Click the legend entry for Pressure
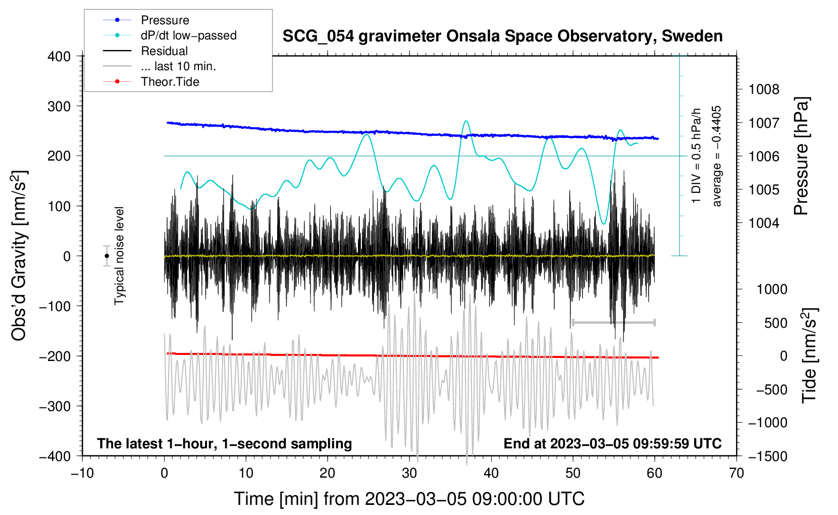pos(146,20)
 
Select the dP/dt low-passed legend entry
pos(170,35)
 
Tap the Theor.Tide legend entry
pos(151,82)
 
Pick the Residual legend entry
pos(145,51)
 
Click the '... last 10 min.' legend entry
pos(160,66)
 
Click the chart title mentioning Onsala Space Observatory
pos(502,36)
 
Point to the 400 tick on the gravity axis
pos(59,57)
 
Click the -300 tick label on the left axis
pos(55,406)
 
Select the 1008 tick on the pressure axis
pos(764,89)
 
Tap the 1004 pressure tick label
pos(764,223)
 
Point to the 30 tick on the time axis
pos(409,473)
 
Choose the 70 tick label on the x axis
pos(736,473)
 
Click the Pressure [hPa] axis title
pos(801,156)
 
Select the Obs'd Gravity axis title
pos(19,255)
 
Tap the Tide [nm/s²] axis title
pos(810,355)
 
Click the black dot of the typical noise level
pos(107,256)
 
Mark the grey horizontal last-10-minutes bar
pos(613,322)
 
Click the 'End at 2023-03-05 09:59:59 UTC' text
pos(612,443)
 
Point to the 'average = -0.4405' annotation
pos(716,156)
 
